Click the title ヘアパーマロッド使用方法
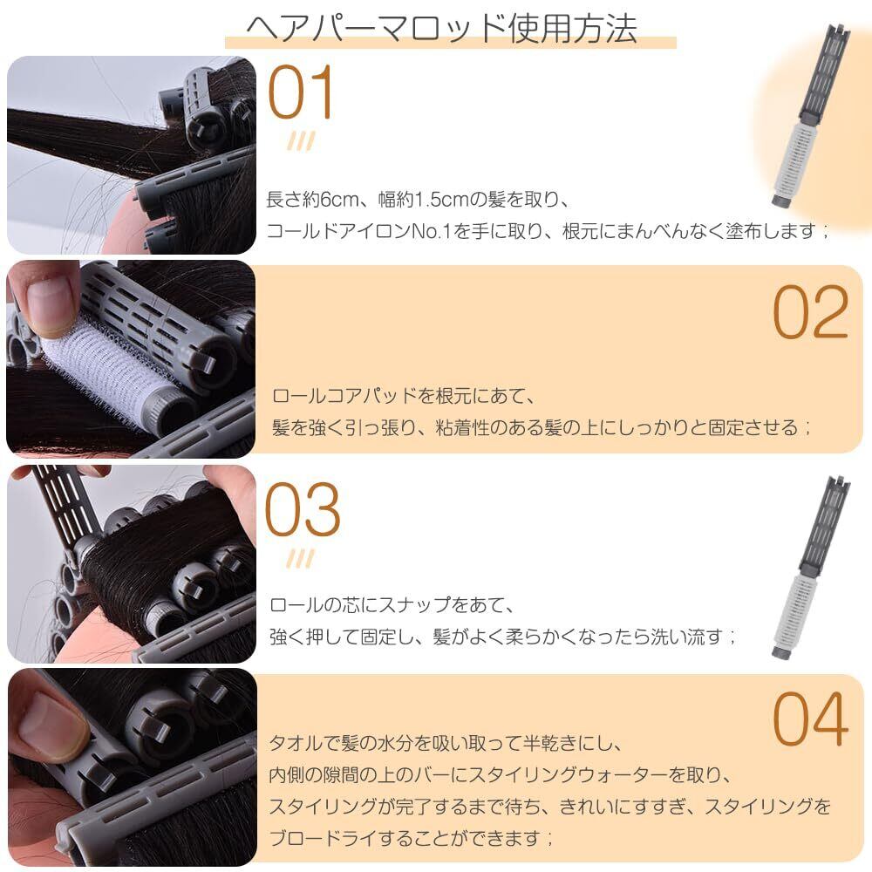click(441, 29)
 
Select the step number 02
click(811, 312)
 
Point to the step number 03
click(303, 509)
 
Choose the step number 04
click(811, 719)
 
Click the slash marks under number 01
click(301, 141)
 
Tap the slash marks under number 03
click(301, 559)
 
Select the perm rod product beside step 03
click(811, 568)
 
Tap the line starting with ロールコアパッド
click(403, 396)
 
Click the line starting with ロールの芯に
click(392, 605)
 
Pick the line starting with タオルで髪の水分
click(445, 743)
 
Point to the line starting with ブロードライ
click(411, 837)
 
